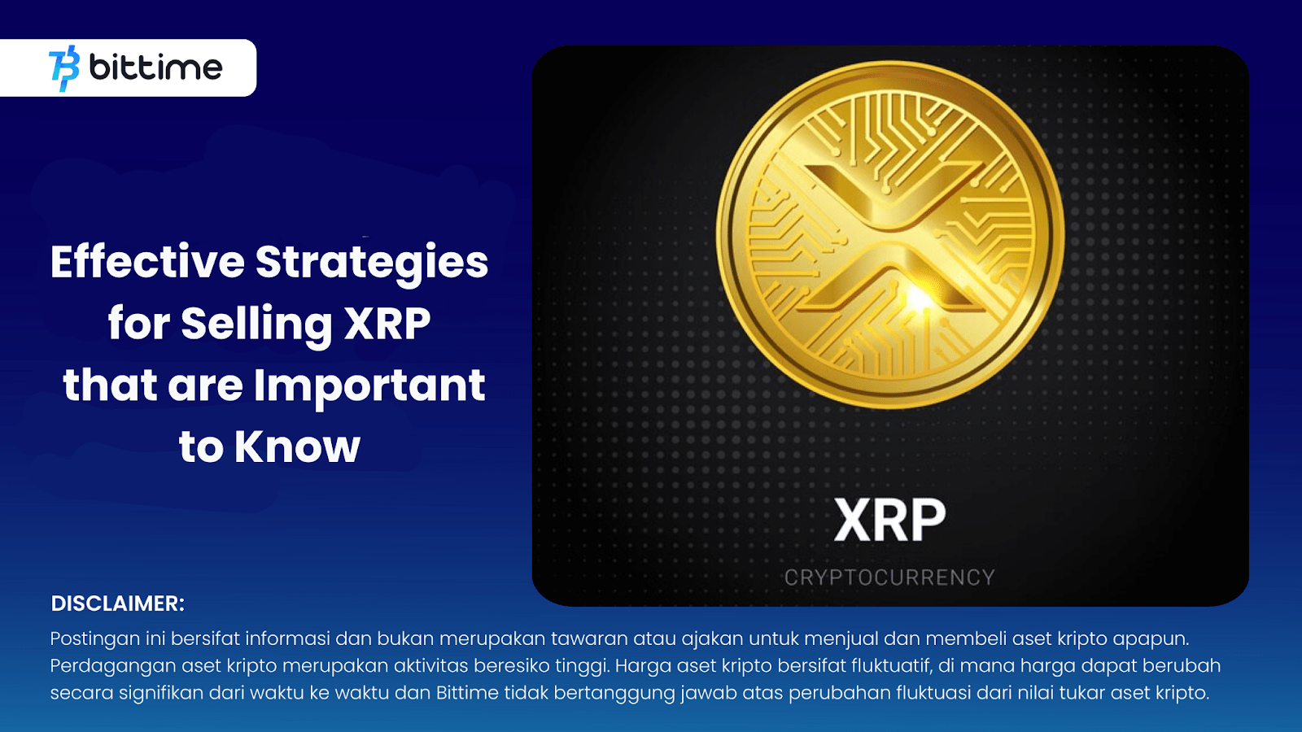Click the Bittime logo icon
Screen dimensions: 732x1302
[x=64, y=68]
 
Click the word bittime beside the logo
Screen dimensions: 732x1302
[x=155, y=68]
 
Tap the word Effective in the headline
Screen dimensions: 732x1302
[x=147, y=262]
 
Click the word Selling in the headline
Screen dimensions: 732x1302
[x=256, y=325]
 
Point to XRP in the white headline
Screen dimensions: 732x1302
[x=387, y=323]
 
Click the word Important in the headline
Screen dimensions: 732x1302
[x=369, y=386]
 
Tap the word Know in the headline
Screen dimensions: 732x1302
[x=297, y=447]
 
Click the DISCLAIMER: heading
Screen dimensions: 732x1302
[x=118, y=603]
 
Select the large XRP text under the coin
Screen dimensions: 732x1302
[x=889, y=521]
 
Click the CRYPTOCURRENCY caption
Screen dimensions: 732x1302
[x=889, y=577]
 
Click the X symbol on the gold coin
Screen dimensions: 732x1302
[x=889, y=236]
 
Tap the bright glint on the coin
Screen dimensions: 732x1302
[x=918, y=299]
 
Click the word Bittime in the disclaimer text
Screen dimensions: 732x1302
[x=467, y=693]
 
